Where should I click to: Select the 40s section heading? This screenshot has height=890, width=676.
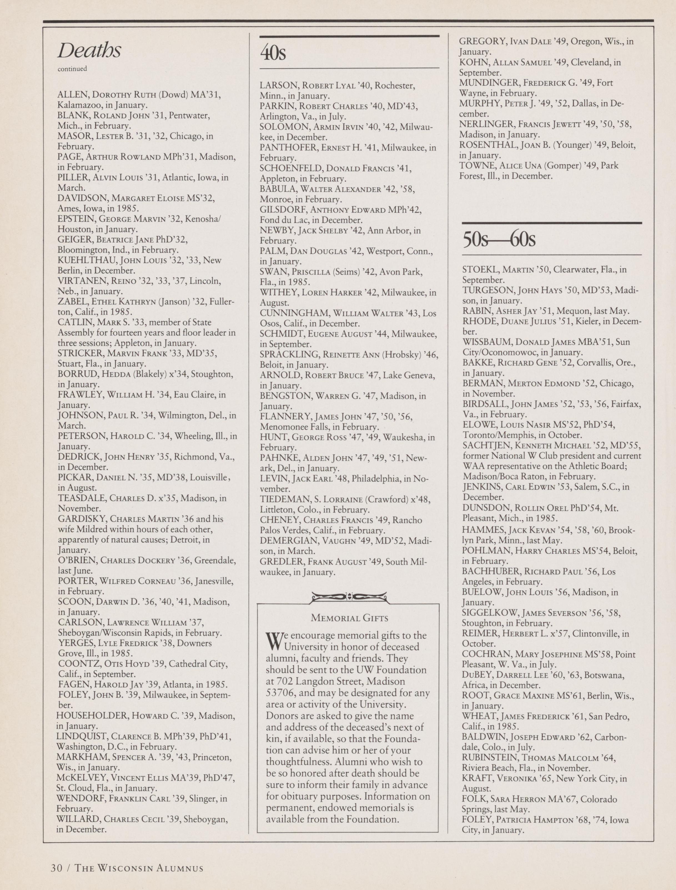[x=273, y=53]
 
